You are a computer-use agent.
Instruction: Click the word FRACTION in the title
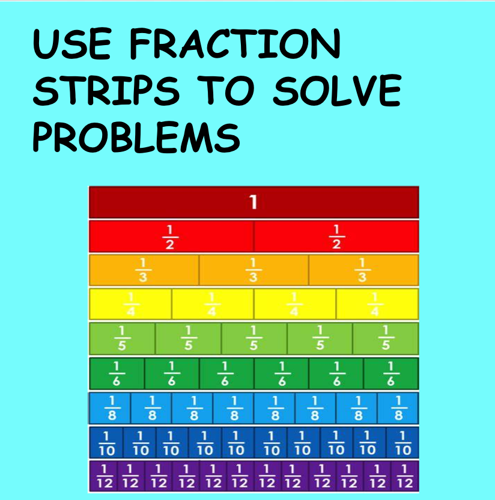(235, 44)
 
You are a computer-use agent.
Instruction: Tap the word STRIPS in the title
(106, 90)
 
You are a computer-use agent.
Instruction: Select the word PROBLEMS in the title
(136, 138)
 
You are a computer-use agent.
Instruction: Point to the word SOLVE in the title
(337, 90)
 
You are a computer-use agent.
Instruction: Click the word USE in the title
(72, 44)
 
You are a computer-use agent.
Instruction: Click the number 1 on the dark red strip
(254, 202)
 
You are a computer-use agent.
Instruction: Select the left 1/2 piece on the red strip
(171, 236)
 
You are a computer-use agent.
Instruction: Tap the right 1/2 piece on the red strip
(336, 236)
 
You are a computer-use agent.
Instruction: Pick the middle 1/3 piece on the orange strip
(254, 270)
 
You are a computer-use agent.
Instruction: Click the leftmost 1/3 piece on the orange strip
(144, 270)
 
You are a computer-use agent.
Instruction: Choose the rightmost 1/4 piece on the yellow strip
(377, 304)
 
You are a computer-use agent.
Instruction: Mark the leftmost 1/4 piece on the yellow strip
(130, 304)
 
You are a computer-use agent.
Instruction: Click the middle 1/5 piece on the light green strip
(254, 338)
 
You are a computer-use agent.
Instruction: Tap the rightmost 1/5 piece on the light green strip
(385, 338)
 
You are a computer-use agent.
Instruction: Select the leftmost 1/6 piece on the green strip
(117, 373)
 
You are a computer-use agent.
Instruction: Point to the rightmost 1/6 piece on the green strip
(390, 373)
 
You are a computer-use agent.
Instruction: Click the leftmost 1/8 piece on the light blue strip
(110, 408)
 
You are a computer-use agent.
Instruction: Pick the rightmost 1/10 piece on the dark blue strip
(402, 442)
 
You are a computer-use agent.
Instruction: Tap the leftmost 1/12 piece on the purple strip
(103, 476)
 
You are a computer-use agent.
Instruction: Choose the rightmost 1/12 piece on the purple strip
(404, 476)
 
